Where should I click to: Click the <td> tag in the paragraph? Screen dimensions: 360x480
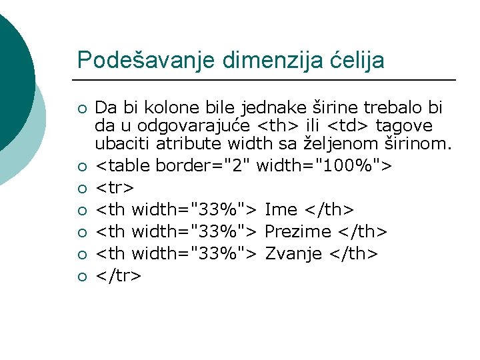click(351, 125)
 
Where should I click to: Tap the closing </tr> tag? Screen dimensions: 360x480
click(119, 275)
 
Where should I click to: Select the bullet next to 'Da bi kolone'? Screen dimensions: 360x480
click(81, 109)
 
